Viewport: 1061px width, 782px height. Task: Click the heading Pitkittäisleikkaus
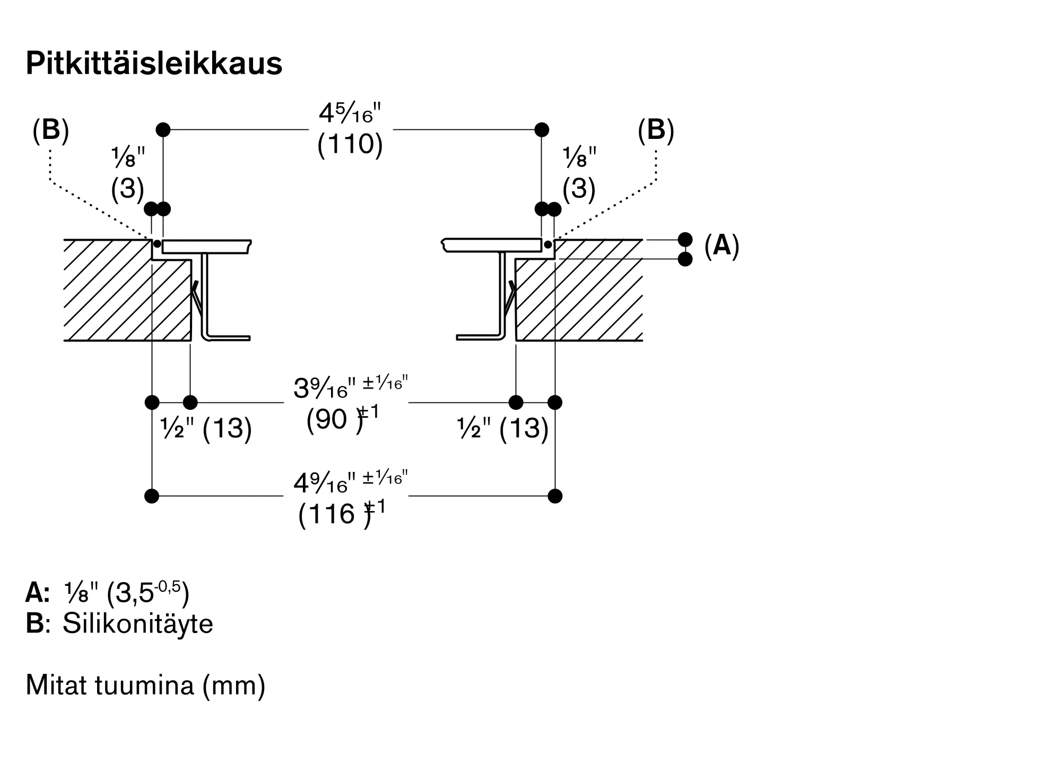154,64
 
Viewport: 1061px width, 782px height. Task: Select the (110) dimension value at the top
350,144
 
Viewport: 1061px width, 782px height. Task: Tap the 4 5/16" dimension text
350,113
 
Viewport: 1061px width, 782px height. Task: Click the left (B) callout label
51,130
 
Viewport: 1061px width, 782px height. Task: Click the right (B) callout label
656,130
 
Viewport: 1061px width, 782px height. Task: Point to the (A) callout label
722,245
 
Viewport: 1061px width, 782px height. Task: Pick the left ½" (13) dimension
206,428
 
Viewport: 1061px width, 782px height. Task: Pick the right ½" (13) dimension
503,428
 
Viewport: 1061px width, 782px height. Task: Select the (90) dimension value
335,420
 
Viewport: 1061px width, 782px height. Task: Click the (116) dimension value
334,514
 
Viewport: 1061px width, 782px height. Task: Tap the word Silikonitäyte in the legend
138,623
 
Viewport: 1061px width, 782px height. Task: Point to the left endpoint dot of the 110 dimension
163,129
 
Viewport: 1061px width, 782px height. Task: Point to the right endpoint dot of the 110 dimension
542,129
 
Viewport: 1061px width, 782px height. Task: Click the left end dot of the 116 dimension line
152,496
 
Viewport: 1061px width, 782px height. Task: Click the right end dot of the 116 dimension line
555,496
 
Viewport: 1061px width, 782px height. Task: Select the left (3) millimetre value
128,188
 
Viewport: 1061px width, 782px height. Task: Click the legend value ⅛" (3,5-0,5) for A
127,593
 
